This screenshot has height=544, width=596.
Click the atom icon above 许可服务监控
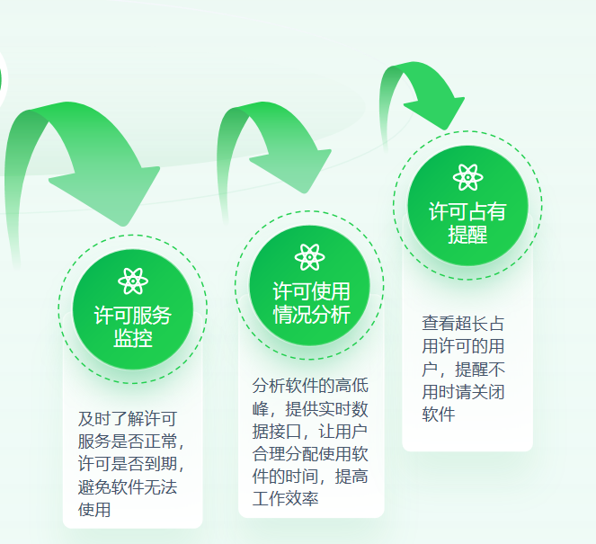pyautogui.click(x=132, y=281)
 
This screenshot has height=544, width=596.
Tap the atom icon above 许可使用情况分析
pyautogui.click(x=310, y=257)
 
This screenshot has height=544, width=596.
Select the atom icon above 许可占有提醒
pyautogui.click(x=467, y=178)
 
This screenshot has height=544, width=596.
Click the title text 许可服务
pyautogui.click(x=132, y=316)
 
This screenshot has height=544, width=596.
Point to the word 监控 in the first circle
pyautogui.click(x=132, y=338)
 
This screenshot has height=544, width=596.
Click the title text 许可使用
pyautogui.click(x=311, y=291)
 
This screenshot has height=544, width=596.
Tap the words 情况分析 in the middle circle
pyautogui.click(x=311, y=314)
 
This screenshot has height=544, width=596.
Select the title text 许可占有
pyautogui.click(x=467, y=212)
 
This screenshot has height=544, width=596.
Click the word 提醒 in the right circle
pyautogui.click(x=467, y=235)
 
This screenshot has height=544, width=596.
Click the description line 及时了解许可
pyautogui.click(x=126, y=419)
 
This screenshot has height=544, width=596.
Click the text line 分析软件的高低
pyautogui.click(x=310, y=387)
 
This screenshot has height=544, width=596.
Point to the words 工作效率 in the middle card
pyautogui.click(x=285, y=498)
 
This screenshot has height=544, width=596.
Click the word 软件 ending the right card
pyautogui.click(x=439, y=415)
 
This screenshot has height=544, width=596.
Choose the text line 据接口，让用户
pyautogui.click(x=310, y=432)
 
